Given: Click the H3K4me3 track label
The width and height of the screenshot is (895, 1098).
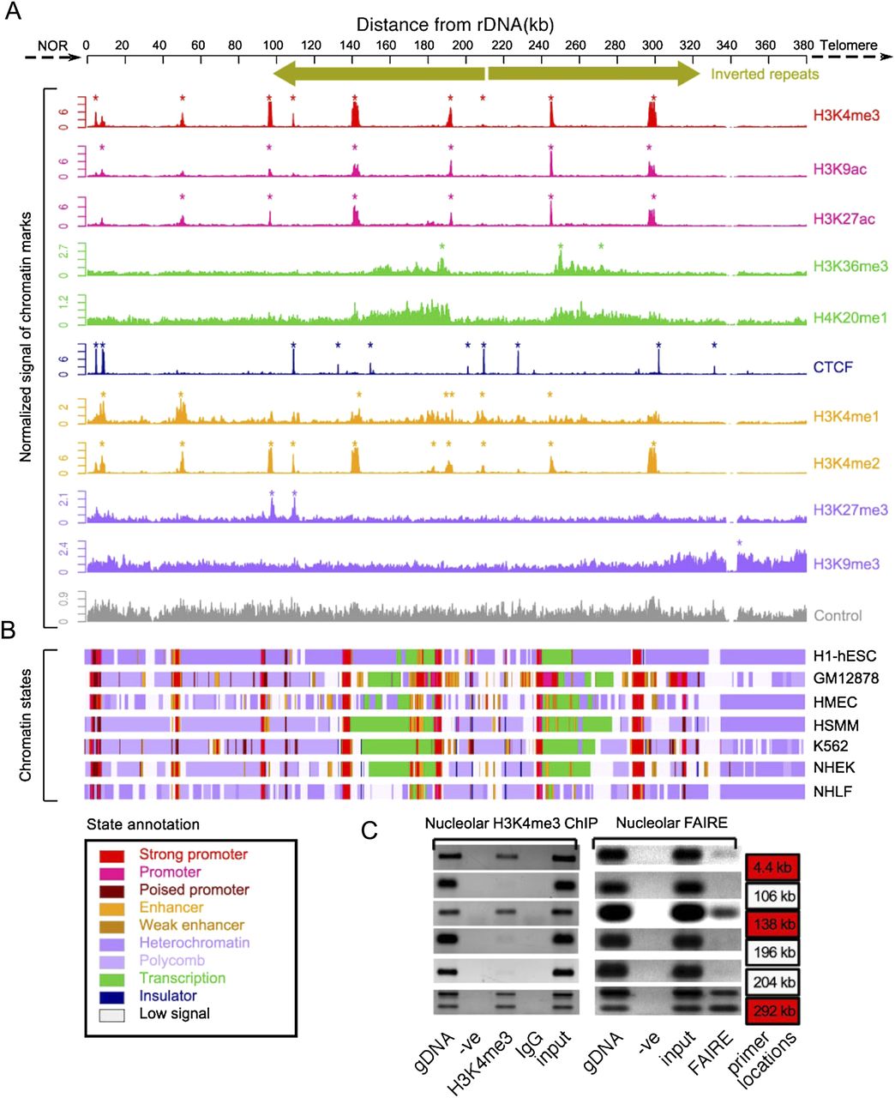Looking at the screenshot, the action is coord(846,115).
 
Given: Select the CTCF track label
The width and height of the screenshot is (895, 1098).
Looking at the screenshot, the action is coord(832,367).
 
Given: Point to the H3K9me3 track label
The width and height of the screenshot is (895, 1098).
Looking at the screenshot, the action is coord(846,564).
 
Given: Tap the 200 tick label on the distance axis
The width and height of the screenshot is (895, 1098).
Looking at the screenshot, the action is coord(462,45).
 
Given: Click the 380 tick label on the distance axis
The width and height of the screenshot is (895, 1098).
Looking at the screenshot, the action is coord(803,45).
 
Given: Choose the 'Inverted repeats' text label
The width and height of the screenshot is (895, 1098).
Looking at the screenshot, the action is coord(765,74).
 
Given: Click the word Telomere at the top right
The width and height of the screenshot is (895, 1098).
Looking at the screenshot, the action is coord(848,45).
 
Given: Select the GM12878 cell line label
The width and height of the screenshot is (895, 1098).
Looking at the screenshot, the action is coord(845,679).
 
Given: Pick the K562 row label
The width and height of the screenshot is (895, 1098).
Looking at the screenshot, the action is coord(831,746).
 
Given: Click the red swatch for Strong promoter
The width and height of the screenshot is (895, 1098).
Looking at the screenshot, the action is coord(111,856).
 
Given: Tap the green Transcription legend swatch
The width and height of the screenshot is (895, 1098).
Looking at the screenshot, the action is coord(111,980).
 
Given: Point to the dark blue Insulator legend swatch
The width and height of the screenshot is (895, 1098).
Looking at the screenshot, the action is coord(111,998).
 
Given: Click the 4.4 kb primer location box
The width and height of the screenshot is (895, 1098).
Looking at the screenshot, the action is coord(772,867).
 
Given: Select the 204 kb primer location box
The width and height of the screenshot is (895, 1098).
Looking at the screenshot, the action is coord(773,982).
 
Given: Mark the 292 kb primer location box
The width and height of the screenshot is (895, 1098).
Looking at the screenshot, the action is coord(772,1011).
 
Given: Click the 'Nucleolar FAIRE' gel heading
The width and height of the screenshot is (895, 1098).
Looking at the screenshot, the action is coord(671,823).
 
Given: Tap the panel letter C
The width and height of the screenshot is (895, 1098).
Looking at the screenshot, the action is coord(369,831).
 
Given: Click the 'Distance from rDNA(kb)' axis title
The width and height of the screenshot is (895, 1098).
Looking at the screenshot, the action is coord(454,25).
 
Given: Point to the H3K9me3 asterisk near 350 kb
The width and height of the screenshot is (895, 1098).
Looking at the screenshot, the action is coord(740,543).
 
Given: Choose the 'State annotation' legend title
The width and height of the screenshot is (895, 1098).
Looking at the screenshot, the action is coord(143,824).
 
